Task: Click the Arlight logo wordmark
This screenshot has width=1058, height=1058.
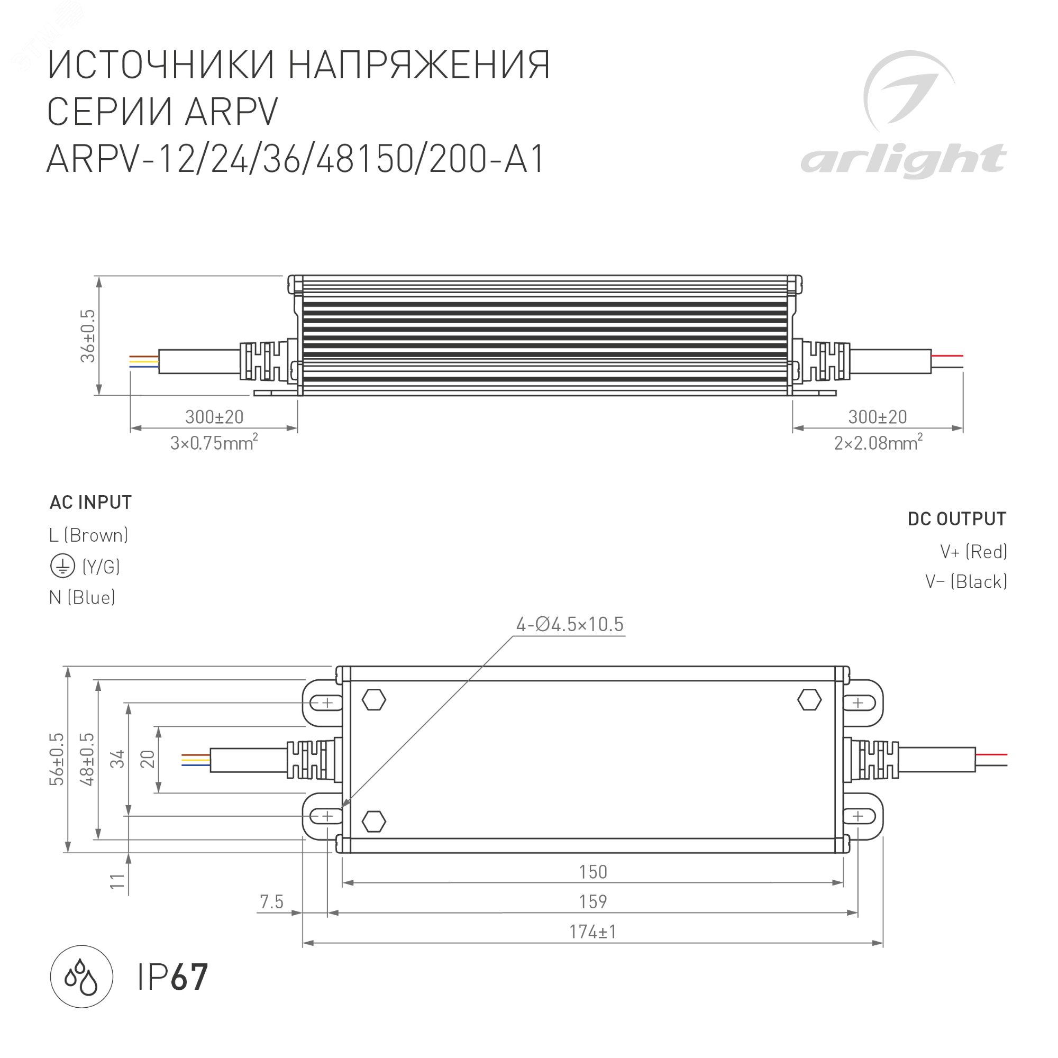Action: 903,160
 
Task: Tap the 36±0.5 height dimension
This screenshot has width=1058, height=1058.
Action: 88,336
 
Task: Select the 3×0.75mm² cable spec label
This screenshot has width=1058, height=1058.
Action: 214,442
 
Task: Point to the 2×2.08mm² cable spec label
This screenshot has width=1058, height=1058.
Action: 878,442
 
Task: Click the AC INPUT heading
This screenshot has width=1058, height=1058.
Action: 90,502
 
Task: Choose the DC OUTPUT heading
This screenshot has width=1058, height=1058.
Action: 956,518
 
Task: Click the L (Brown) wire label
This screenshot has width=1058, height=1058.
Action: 88,535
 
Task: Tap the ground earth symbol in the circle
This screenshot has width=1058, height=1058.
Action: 62,566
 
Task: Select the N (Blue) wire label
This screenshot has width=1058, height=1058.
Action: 82,597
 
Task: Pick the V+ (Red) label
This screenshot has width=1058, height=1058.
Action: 973,551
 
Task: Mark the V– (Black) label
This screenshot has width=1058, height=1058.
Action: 965,581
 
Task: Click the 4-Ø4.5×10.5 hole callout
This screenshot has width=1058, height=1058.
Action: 570,624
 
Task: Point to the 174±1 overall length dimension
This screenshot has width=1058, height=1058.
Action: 592,932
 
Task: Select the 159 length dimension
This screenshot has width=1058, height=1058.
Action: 592,902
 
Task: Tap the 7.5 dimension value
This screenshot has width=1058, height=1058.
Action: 271,902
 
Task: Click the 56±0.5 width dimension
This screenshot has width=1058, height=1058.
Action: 57,760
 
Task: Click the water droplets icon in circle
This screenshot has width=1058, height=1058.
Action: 81,977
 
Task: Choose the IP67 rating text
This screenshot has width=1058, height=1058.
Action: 172,978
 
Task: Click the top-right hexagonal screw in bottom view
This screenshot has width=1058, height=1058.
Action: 809,700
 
